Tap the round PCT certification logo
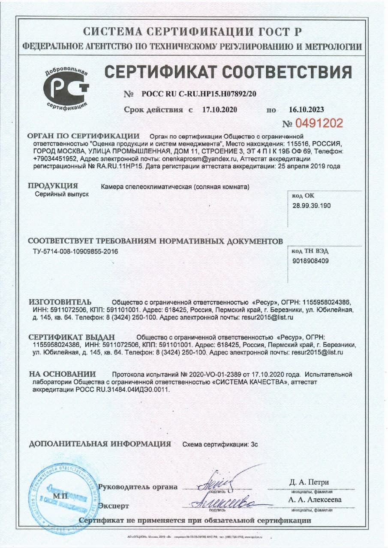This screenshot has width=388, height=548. (x=66, y=88)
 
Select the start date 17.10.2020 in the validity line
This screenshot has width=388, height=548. (x=219, y=110)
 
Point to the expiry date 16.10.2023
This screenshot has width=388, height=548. (x=306, y=110)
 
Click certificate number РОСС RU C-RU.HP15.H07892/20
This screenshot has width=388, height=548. (x=199, y=94)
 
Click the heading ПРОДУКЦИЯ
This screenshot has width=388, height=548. (x=53, y=186)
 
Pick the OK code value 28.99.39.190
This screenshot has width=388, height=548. (x=311, y=205)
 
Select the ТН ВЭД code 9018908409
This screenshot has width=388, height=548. (x=311, y=260)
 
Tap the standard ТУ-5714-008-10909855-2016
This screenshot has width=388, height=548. (x=75, y=251)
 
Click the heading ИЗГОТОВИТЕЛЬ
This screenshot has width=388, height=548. (x=60, y=301)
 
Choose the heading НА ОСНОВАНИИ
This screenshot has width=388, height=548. (x=62, y=374)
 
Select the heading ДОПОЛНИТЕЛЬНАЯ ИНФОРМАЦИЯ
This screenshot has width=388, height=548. (x=100, y=444)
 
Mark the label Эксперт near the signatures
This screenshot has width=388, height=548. (x=114, y=506)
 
